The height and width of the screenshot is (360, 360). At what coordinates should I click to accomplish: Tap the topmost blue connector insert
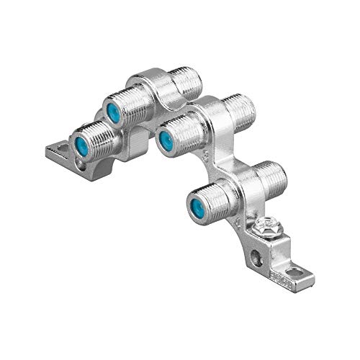(x=112, y=112)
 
